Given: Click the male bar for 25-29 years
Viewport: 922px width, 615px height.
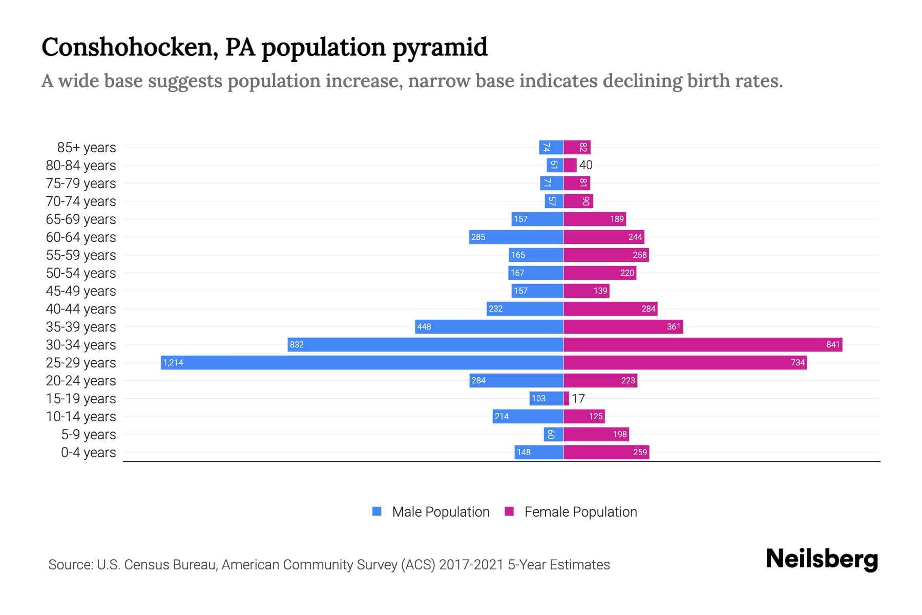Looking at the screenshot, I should [362, 362].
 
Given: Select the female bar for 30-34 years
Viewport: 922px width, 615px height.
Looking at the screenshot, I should [703, 344].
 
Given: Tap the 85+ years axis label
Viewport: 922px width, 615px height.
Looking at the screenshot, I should [86, 148].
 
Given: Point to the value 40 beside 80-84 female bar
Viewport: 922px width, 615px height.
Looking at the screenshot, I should [585, 165].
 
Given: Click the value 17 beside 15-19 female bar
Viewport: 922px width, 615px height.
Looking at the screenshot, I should [578, 398].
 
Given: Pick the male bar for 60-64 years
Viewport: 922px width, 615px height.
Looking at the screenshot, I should [516, 237].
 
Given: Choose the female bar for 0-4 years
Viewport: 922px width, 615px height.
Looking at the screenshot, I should [606, 452].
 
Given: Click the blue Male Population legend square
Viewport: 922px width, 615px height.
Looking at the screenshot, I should [377, 511].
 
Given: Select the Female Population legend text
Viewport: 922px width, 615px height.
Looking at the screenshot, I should [580, 512].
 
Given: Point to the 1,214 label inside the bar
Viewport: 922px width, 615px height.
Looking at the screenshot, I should [173, 362].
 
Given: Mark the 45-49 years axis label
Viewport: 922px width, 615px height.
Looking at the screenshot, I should [81, 291].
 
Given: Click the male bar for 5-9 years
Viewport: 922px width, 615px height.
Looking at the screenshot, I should [553, 434].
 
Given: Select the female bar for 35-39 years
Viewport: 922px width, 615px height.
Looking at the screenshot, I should [623, 326].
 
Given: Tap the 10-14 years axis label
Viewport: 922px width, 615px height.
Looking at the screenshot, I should [81, 417].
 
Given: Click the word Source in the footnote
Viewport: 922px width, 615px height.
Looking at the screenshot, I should [70, 565].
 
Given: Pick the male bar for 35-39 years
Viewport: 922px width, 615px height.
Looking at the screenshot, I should [489, 326].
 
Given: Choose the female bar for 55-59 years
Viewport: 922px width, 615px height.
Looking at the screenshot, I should [606, 255].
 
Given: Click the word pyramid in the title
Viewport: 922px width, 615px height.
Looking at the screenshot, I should [440, 47].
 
